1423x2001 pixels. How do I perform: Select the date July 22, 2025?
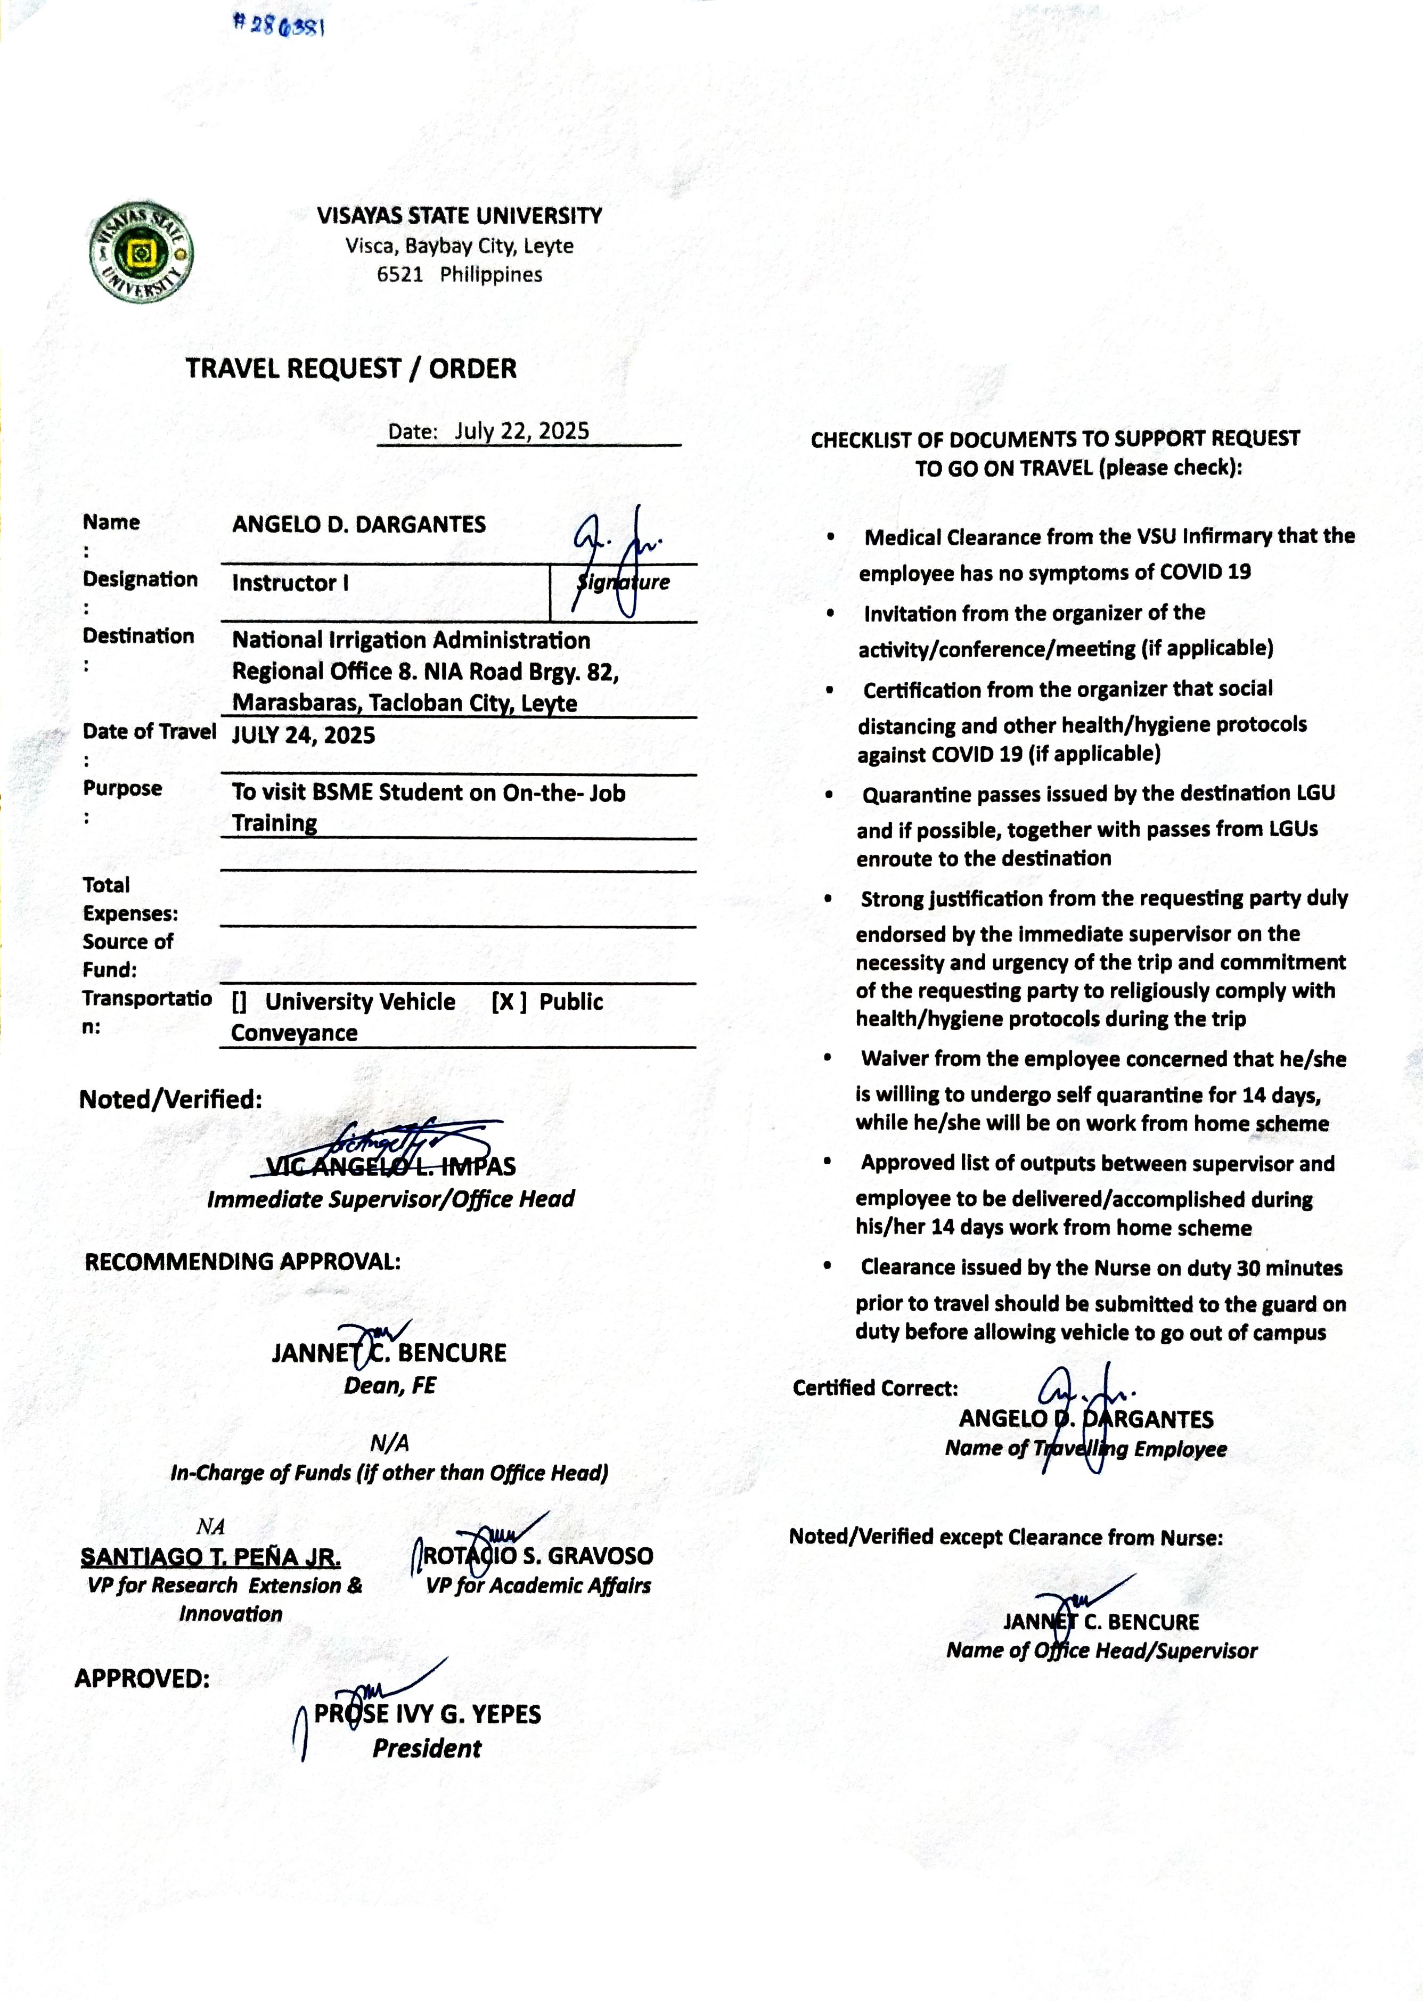click(x=521, y=431)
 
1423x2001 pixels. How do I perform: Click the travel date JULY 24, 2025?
click(x=303, y=735)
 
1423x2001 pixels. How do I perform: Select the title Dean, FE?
click(x=390, y=1386)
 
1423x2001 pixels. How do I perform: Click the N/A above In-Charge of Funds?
click(x=390, y=1443)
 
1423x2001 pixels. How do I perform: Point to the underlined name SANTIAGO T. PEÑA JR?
click(x=210, y=1557)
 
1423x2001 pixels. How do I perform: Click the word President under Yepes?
click(x=427, y=1749)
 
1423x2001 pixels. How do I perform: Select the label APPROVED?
click(x=142, y=1679)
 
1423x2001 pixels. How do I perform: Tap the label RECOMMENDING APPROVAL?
click(x=243, y=1262)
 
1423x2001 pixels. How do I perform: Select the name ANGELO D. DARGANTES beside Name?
click(x=358, y=525)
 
